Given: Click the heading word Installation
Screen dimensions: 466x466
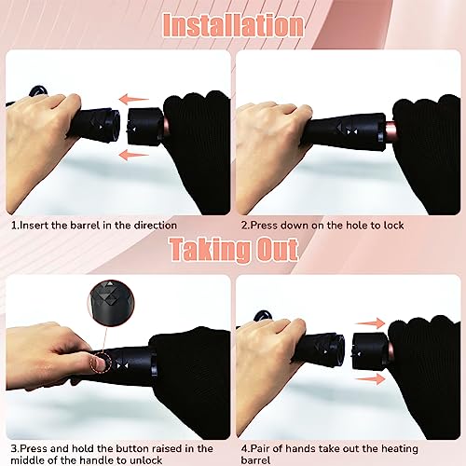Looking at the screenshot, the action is tap(233, 25).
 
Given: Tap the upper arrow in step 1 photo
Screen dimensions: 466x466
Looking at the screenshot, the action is tap(134, 100).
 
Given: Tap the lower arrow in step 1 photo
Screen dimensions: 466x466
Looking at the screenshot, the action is tap(134, 155).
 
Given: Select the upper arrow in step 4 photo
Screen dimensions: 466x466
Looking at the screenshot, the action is tap(370, 323).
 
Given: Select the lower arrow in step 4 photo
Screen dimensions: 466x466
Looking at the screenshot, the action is tap(370, 379).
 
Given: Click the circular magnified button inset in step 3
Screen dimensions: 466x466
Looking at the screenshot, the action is tap(111, 300).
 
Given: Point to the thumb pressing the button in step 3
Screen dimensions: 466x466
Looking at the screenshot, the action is tap(99, 363).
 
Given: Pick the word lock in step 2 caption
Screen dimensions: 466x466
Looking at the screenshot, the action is tap(393, 226).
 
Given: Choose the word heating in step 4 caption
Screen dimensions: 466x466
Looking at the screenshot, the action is tap(400, 449).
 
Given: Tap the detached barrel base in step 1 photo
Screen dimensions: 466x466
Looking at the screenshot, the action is tap(145, 126).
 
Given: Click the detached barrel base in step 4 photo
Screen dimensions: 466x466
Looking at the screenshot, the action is tap(371, 350).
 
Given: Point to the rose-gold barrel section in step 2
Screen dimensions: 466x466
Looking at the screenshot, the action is tap(390, 130).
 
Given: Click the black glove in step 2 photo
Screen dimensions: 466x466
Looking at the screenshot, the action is tap(427, 152).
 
